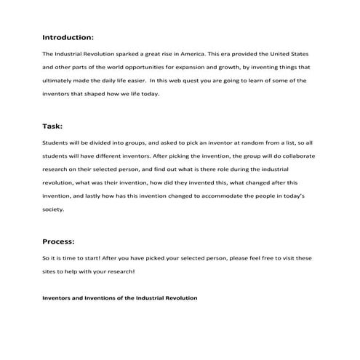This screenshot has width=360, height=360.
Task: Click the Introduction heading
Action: pos(68,36)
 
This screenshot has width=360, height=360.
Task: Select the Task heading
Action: pos(52,126)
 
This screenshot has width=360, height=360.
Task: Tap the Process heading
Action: pos(59,241)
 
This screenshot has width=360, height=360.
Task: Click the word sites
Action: pos(50,272)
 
